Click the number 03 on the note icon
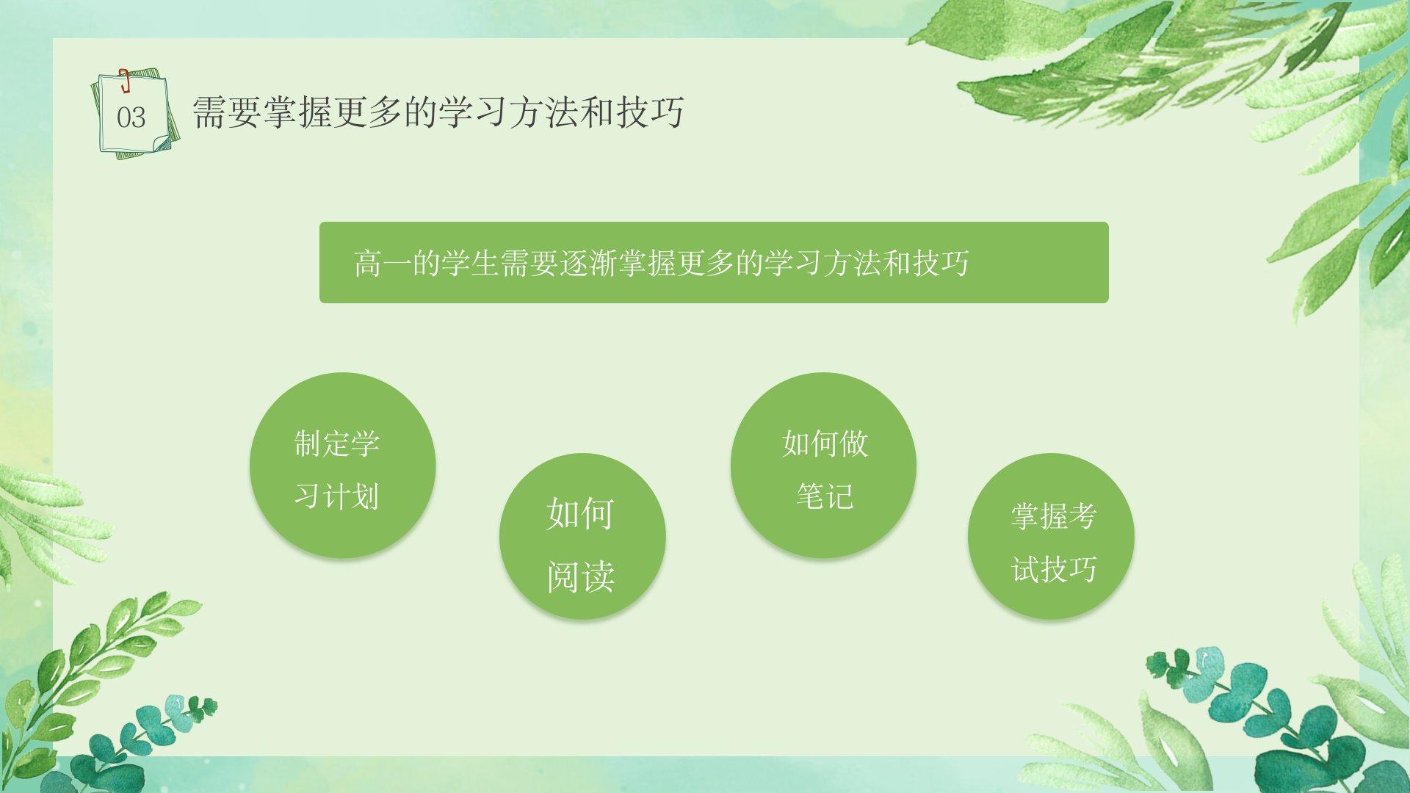[131, 117]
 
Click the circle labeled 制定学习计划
[342, 466]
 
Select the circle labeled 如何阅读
[582, 536]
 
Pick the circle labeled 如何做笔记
[823, 466]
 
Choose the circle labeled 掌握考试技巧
[1051, 536]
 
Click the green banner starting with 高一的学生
[714, 262]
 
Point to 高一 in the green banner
[382, 263]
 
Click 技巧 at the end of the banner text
[941, 263]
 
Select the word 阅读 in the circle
[581, 577]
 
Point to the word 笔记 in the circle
[825, 496]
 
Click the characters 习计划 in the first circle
[336, 496]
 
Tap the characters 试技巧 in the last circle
[1054, 569]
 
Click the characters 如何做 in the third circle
[825, 443]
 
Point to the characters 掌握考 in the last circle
[1054, 516]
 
